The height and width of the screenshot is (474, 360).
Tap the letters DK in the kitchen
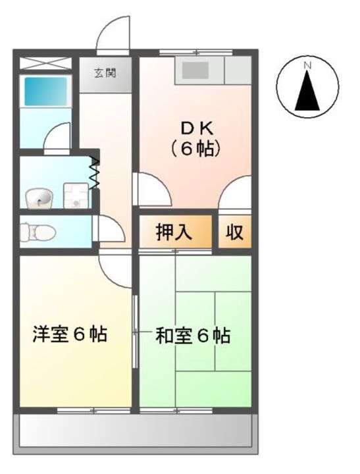tap(195, 126)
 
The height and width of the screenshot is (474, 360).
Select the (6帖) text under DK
tap(195, 149)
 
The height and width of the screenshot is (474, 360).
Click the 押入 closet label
tap(174, 232)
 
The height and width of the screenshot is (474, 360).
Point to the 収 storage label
tap(235, 232)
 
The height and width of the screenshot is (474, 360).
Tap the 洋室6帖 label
tap(70, 334)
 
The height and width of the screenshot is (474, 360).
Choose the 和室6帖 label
tap(193, 336)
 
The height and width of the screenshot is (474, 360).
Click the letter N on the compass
tap(307, 65)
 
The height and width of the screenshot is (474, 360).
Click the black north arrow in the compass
tap(307, 92)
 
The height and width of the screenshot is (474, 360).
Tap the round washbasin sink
tap(38, 196)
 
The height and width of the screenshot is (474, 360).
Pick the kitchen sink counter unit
tap(212, 70)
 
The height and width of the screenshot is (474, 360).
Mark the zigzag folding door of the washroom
tap(94, 173)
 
